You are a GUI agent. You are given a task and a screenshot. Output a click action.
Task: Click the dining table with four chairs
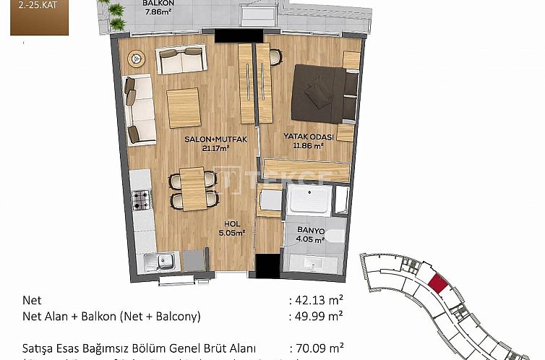[x=192, y=188]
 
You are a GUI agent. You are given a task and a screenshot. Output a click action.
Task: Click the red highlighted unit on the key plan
[x=436, y=282]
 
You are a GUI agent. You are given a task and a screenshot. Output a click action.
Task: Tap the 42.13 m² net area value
[x=317, y=300]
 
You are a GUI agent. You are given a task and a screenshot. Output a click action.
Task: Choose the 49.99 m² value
[x=317, y=315]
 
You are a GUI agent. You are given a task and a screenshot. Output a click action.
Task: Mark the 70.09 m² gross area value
[x=317, y=347]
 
